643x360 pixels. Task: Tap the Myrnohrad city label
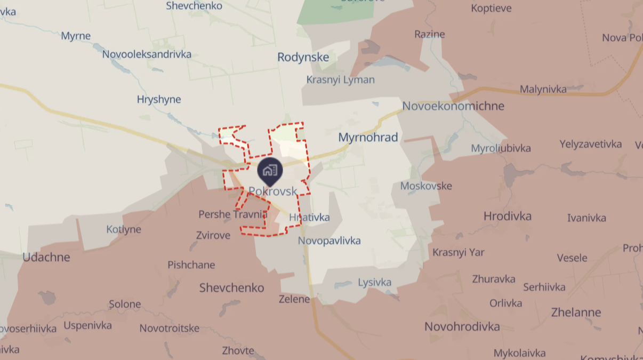[368, 138]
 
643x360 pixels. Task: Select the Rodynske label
[303, 58]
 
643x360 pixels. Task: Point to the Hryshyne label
[159, 100]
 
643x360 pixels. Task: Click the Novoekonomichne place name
[453, 106]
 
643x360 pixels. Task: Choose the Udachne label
[46, 257]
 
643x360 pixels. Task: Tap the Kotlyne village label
[124, 229]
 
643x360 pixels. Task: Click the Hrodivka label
[507, 216]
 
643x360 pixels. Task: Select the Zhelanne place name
[576, 313]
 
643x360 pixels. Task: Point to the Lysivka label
[374, 282]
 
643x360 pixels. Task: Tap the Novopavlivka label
[329, 241]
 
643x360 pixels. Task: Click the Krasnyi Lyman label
[340, 80]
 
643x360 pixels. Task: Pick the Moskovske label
[425, 186]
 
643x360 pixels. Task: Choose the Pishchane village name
[191, 265]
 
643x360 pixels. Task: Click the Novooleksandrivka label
[147, 54]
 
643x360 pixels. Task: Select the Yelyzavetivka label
[590, 144]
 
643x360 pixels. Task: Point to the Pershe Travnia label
[232, 214]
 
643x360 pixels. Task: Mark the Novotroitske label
[169, 328]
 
